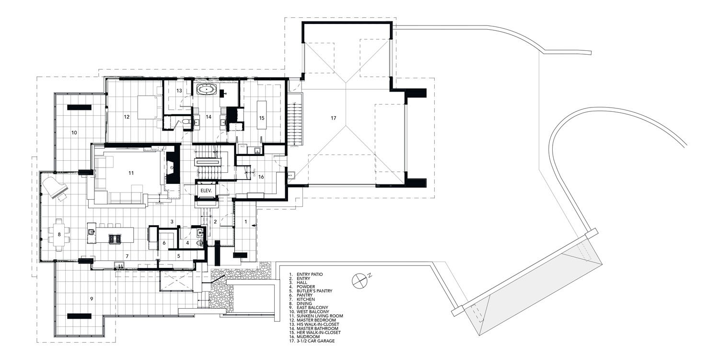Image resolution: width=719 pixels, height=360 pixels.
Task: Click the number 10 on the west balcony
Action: [x=74, y=132]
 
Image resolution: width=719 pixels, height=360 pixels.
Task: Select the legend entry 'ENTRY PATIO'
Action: [x=310, y=274]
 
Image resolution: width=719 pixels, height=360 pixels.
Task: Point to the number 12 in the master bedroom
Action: [x=127, y=116]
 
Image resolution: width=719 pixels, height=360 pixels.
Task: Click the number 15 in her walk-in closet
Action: [x=262, y=118]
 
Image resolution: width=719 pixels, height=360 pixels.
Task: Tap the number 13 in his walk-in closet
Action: [x=179, y=90]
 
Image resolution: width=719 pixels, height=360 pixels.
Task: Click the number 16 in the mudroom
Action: [x=261, y=177]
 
